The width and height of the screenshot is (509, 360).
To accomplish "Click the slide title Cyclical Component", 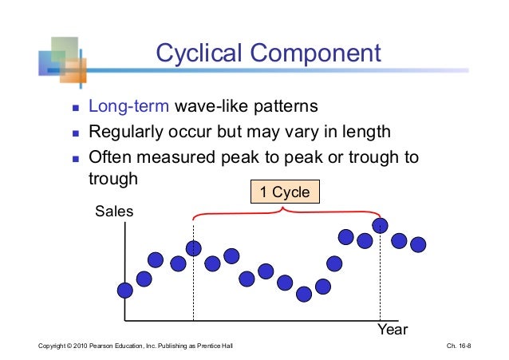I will click(x=268, y=53).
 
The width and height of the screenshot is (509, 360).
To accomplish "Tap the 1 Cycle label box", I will click(x=284, y=192).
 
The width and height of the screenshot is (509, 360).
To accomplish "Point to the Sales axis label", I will click(x=114, y=212).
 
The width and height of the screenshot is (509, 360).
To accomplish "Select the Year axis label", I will click(x=392, y=329).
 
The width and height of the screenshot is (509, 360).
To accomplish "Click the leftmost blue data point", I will click(x=125, y=291).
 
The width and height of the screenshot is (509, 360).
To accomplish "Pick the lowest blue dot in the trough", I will click(x=304, y=295).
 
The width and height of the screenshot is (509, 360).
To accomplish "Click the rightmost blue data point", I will click(x=417, y=243).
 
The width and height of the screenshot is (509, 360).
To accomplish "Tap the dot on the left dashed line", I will click(x=194, y=248).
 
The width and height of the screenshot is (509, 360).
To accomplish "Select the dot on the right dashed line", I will click(x=381, y=226).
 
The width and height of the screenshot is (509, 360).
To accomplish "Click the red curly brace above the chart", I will click(x=285, y=213).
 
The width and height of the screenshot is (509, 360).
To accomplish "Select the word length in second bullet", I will click(x=368, y=132).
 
